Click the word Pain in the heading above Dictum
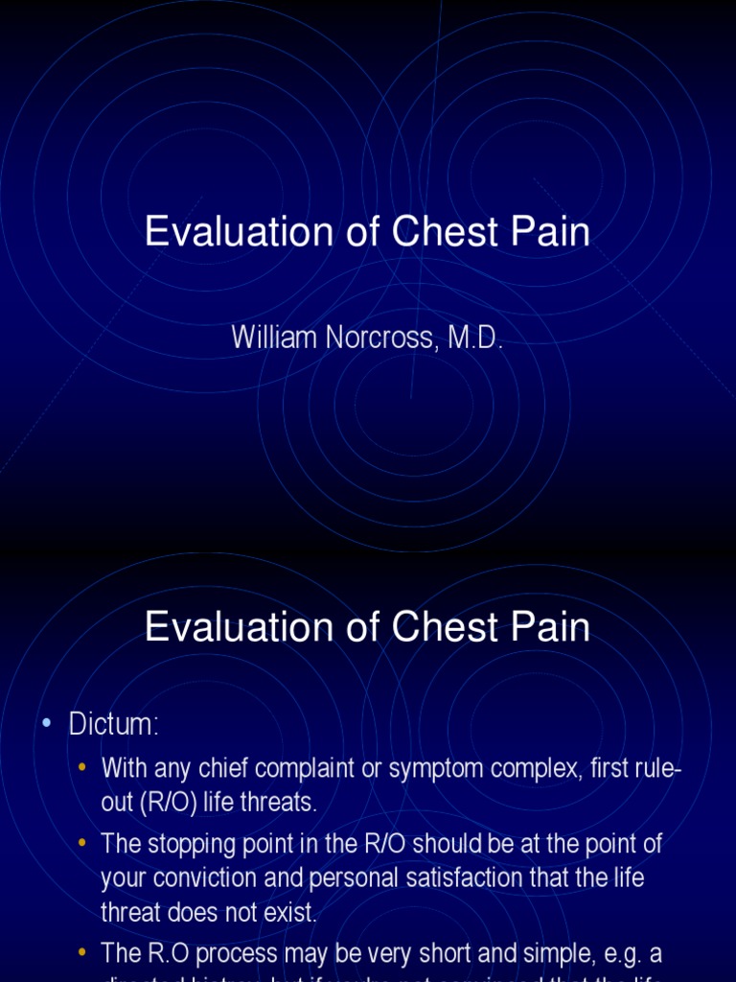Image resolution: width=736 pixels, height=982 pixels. point(549,628)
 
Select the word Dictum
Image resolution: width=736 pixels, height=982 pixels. point(113,725)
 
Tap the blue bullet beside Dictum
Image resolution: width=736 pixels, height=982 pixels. point(46,725)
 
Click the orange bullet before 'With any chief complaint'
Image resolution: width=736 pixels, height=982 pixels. point(81,767)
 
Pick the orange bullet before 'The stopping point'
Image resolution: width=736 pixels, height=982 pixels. point(81,845)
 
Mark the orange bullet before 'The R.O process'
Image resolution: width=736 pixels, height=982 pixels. point(81,954)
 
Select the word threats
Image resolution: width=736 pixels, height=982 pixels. point(285,802)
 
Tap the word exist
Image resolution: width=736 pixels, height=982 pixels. point(293,913)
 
